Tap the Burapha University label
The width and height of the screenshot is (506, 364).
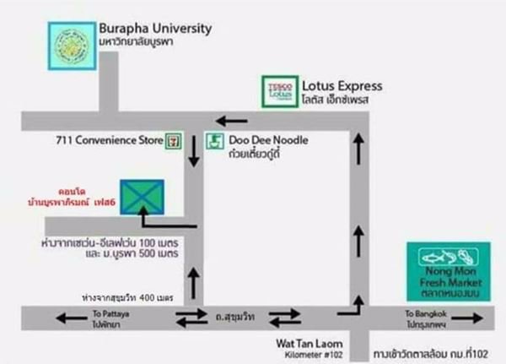pos(155,29)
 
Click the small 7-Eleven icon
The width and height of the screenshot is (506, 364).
pos(174,137)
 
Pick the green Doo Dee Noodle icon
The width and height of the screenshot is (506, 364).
pos(216,141)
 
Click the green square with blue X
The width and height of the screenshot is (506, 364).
pos(142,196)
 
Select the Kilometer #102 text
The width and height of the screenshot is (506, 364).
pos(308,353)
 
